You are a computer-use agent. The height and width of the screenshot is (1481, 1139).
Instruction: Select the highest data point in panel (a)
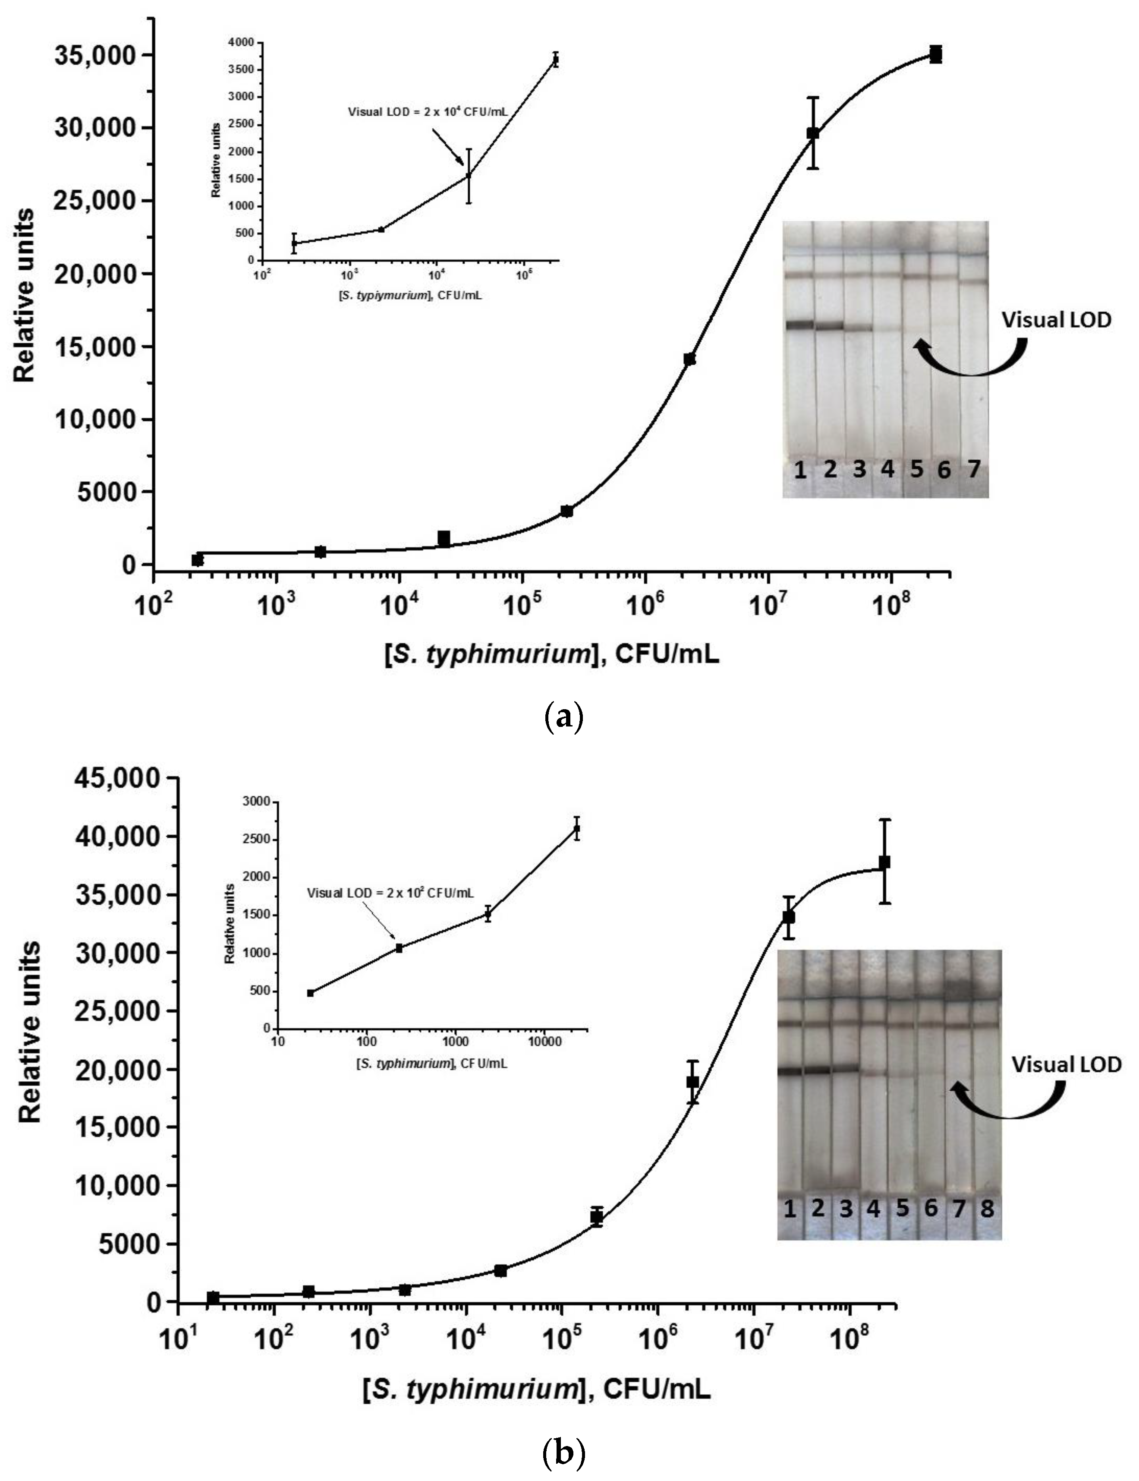click(936, 54)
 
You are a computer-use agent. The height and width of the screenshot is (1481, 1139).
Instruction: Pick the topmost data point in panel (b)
click(884, 862)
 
